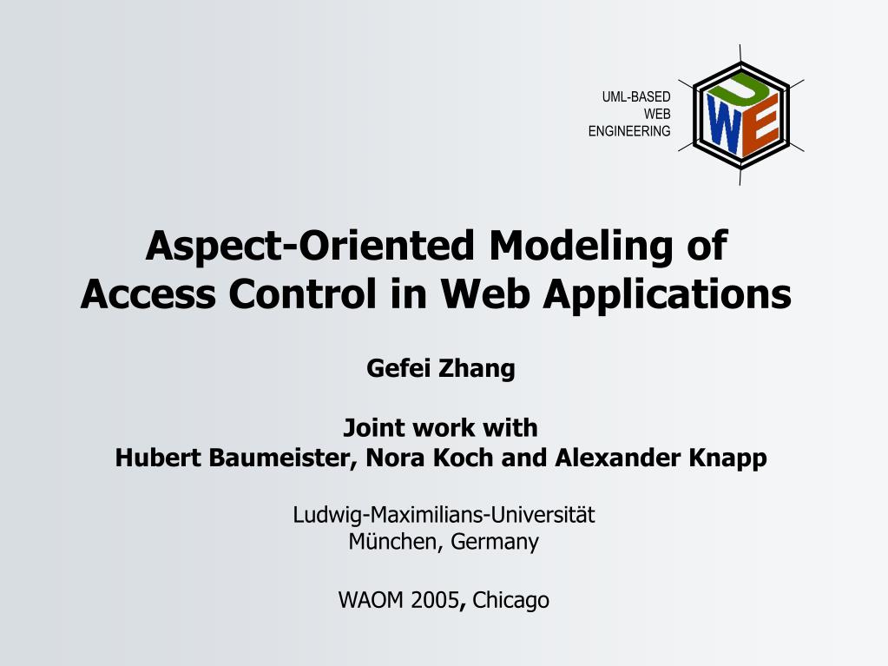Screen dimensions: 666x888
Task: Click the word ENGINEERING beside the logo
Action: [x=629, y=132]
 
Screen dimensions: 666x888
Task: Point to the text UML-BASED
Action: [x=636, y=97]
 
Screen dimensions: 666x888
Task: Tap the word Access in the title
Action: [x=148, y=294]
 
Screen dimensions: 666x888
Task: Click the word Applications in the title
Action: [x=668, y=294]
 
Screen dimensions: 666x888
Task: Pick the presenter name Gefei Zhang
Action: [x=441, y=369]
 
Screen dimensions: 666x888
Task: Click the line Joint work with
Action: [x=441, y=428]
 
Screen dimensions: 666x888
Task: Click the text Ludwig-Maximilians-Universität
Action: [x=444, y=515]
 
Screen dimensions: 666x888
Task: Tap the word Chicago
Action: [x=511, y=600]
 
